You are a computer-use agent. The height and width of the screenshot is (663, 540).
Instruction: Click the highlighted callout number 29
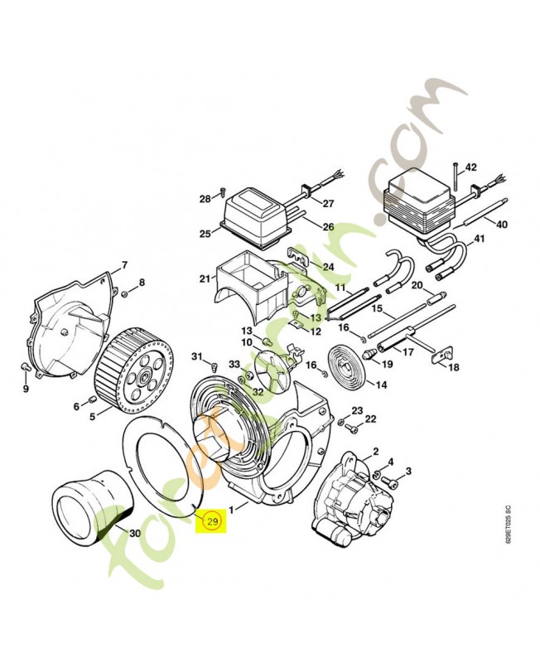click(x=212, y=522)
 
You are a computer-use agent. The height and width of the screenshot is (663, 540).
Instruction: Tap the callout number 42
click(x=470, y=167)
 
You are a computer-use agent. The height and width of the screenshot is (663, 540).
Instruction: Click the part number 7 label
click(x=124, y=265)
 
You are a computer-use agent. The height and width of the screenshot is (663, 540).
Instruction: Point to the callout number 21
click(x=205, y=278)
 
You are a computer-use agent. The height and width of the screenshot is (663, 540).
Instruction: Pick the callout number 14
click(x=381, y=385)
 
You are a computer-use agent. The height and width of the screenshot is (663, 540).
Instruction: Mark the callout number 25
click(x=205, y=234)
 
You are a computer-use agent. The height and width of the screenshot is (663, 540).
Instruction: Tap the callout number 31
click(x=196, y=357)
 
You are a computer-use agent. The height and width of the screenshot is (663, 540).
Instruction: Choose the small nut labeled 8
click(x=124, y=293)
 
